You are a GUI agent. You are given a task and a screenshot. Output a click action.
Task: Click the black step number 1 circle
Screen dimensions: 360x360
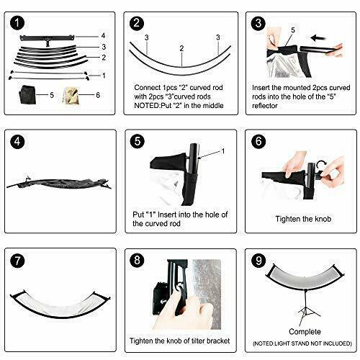tap(17, 23)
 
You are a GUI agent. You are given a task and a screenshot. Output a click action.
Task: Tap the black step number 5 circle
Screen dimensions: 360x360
tap(138, 141)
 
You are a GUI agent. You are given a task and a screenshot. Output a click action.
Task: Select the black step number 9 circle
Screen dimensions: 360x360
tap(258, 261)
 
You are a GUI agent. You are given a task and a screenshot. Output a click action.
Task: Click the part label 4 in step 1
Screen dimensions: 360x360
tap(103, 36)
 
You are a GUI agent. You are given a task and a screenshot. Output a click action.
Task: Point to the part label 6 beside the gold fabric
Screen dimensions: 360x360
tap(98, 95)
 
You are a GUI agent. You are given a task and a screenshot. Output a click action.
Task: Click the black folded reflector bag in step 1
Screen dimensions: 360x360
tap(27, 94)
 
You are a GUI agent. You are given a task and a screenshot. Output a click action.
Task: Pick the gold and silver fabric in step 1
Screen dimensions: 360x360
tap(71, 95)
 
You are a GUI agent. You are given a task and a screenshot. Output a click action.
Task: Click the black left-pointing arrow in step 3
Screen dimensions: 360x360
tap(318, 37)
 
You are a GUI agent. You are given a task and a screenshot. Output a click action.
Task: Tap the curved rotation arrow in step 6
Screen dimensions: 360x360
tap(321, 165)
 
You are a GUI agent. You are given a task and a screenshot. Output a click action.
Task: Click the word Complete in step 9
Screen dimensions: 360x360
tap(305, 332)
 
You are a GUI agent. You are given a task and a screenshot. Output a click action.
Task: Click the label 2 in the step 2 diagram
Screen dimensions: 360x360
tap(181, 48)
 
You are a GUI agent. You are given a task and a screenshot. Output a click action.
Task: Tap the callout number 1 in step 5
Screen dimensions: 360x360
tap(223, 151)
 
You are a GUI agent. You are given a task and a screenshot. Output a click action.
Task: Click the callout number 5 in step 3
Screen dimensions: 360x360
tap(293, 30)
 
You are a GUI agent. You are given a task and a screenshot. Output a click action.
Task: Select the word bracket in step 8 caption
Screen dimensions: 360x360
tap(218, 341)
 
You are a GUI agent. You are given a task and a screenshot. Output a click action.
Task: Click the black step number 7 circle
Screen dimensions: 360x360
tap(17, 261)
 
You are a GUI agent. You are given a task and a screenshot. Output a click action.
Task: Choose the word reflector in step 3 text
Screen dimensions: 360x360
tap(265, 106)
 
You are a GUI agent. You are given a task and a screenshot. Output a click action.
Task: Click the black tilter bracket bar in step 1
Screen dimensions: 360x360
tap(47, 38)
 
